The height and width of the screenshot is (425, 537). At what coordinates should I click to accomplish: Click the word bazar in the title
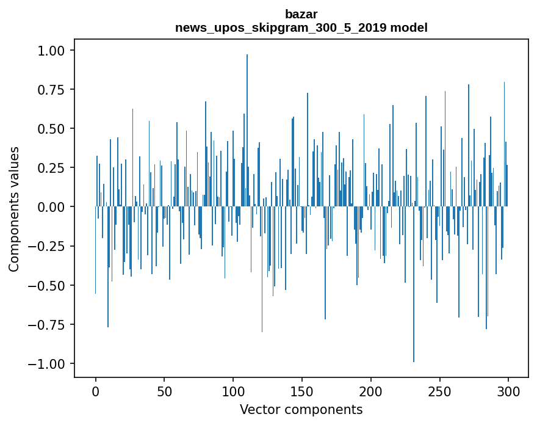pyautogui.click(x=301, y=13)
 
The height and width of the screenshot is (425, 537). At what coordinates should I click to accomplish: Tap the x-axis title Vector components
pyautogui.click(x=301, y=409)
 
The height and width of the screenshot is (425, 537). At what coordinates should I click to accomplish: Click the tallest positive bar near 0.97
pyautogui.click(x=247, y=122)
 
